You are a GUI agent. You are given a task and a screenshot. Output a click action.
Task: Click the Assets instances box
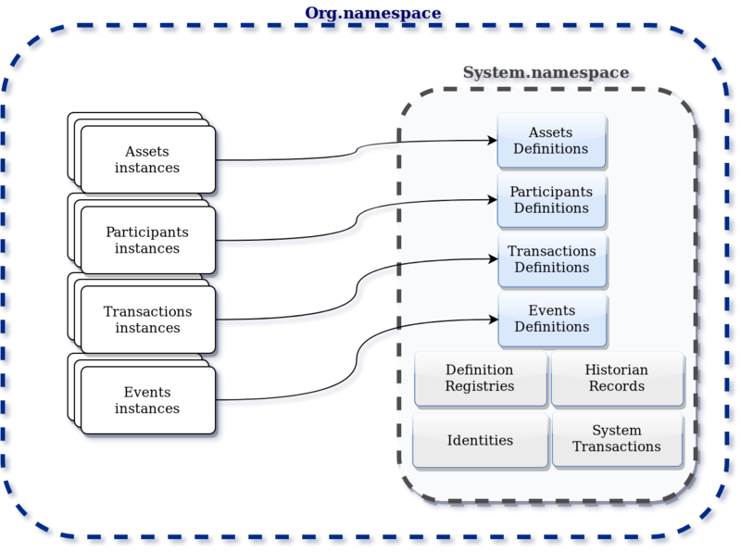click(147, 159)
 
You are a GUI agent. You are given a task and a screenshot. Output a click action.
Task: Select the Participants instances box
click(147, 240)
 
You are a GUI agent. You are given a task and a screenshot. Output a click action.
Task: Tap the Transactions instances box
click(147, 320)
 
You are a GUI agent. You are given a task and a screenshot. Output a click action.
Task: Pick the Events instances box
click(147, 399)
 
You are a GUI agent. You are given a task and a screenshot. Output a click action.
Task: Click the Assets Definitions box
click(551, 141)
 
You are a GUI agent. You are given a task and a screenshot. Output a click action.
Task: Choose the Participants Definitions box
click(551, 200)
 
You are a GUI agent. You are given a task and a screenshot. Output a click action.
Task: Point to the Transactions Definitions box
click(551, 259)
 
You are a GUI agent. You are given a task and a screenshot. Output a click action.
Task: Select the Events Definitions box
click(551, 319)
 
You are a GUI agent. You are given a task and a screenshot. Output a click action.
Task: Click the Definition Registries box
click(480, 378)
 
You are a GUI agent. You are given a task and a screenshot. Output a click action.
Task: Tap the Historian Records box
click(616, 378)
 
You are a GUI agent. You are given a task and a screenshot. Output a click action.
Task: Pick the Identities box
click(480, 439)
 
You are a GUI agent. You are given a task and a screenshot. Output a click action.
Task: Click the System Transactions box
click(616, 439)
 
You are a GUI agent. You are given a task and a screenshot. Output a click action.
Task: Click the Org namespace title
click(372, 14)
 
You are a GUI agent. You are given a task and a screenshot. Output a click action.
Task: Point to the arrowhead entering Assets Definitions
click(492, 141)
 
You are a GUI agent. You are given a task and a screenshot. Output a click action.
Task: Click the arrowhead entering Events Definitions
click(492, 319)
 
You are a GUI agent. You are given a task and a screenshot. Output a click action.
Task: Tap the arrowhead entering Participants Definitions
click(492, 198)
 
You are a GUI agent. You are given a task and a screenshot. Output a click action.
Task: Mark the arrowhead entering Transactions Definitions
click(492, 259)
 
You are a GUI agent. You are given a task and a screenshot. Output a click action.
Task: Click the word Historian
click(616, 370)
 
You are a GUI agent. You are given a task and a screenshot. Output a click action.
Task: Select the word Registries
click(480, 386)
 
